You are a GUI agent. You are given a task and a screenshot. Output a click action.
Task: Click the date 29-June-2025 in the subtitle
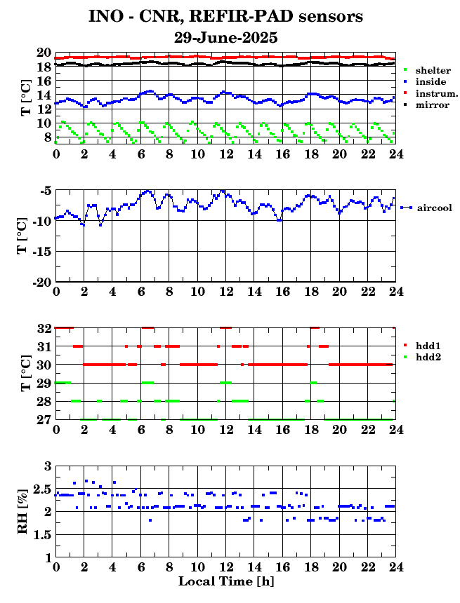tap(225, 37)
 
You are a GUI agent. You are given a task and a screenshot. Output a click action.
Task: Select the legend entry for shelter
tap(427, 70)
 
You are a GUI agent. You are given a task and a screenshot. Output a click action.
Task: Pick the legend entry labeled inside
tap(425, 81)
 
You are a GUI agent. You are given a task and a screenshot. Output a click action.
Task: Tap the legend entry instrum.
tap(431, 93)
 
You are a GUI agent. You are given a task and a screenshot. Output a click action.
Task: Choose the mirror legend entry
tap(426, 104)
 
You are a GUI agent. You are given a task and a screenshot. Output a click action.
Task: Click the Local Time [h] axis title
tap(226, 581)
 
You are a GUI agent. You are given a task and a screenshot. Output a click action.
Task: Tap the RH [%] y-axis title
tap(22, 511)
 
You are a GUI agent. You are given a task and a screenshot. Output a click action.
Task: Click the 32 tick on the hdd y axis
tap(44, 328)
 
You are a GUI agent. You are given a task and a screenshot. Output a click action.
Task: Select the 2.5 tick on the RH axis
tap(43, 489)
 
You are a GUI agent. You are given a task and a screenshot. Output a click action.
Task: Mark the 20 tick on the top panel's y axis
tap(44, 53)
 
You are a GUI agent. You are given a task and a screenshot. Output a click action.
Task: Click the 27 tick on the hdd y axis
tap(44, 419)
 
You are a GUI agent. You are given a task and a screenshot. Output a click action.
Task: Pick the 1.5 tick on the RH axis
tap(43, 535)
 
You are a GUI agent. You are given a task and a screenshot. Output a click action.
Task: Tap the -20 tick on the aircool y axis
tap(42, 283)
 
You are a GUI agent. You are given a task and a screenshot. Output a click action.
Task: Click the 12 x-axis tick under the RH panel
tap(226, 567)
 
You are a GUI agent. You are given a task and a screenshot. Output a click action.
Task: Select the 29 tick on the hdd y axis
tap(44, 383)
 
